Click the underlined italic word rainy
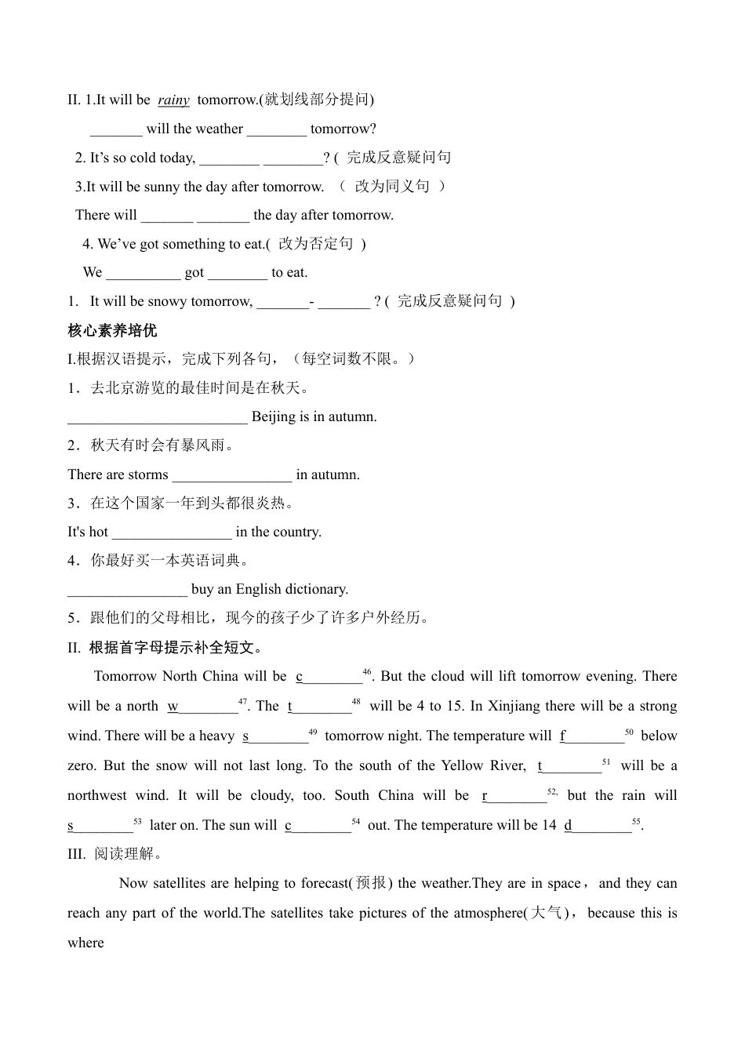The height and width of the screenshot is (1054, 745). pos(173,100)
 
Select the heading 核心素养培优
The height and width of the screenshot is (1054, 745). pos(112,330)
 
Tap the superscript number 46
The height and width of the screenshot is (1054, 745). pos(367,672)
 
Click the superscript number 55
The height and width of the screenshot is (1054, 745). pos(636,821)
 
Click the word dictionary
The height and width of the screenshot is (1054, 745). pos(314,589)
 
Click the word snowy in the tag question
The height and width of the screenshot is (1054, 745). pos(166,301)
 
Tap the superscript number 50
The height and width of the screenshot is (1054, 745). pos(629,732)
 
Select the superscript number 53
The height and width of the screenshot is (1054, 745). pos(137,821)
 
